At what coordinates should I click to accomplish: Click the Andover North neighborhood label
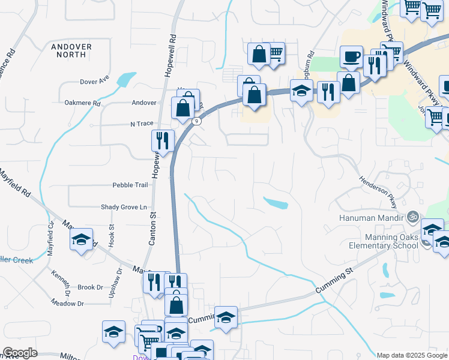click(71, 50)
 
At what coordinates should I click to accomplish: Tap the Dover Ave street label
click(94, 80)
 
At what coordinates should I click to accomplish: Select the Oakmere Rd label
click(82, 103)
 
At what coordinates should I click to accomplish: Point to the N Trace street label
click(142, 124)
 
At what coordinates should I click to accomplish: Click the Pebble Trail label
click(130, 185)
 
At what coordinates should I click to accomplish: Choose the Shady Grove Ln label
click(124, 207)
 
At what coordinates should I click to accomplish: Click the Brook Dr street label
click(90, 287)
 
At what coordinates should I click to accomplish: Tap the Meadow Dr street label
click(67, 304)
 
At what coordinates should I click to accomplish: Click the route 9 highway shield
click(196, 121)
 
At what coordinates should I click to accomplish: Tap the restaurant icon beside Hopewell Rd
click(163, 141)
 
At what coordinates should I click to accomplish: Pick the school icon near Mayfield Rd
click(82, 240)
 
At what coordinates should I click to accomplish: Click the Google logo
click(20, 353)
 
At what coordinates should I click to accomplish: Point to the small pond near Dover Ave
click(126, 79)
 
